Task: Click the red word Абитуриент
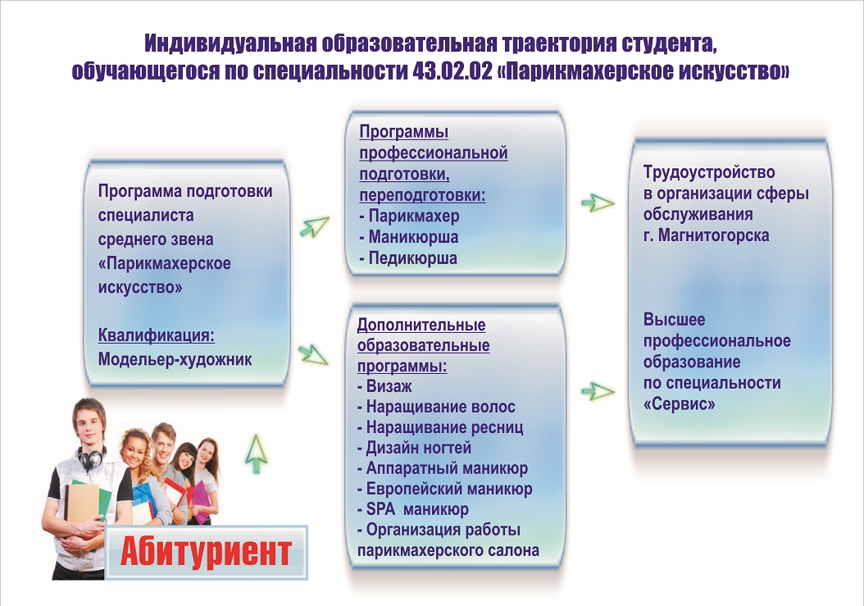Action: tap(206, 551)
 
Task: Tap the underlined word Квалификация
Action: tap(157, 335)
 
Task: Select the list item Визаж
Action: tap(384, 386)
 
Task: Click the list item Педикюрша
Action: tap(408, 258)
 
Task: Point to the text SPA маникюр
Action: tap(413, 509)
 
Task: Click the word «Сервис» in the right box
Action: tap(680, 404)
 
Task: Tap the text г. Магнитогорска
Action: tap(707, 235)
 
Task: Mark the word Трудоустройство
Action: tap(709, 172)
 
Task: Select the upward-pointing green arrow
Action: tap(257, 453)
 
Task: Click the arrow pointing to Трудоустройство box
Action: tap(598, 203)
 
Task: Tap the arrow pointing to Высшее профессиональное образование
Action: tap(598, 391)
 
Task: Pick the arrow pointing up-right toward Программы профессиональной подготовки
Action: tap(315, 226)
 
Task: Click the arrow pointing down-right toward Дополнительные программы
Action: tap(313, 354)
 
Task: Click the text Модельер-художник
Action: tap(175, 359)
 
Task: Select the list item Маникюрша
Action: tap(409, 237)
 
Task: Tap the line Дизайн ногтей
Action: tap(414, 448)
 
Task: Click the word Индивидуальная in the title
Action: tap(230, 43)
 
